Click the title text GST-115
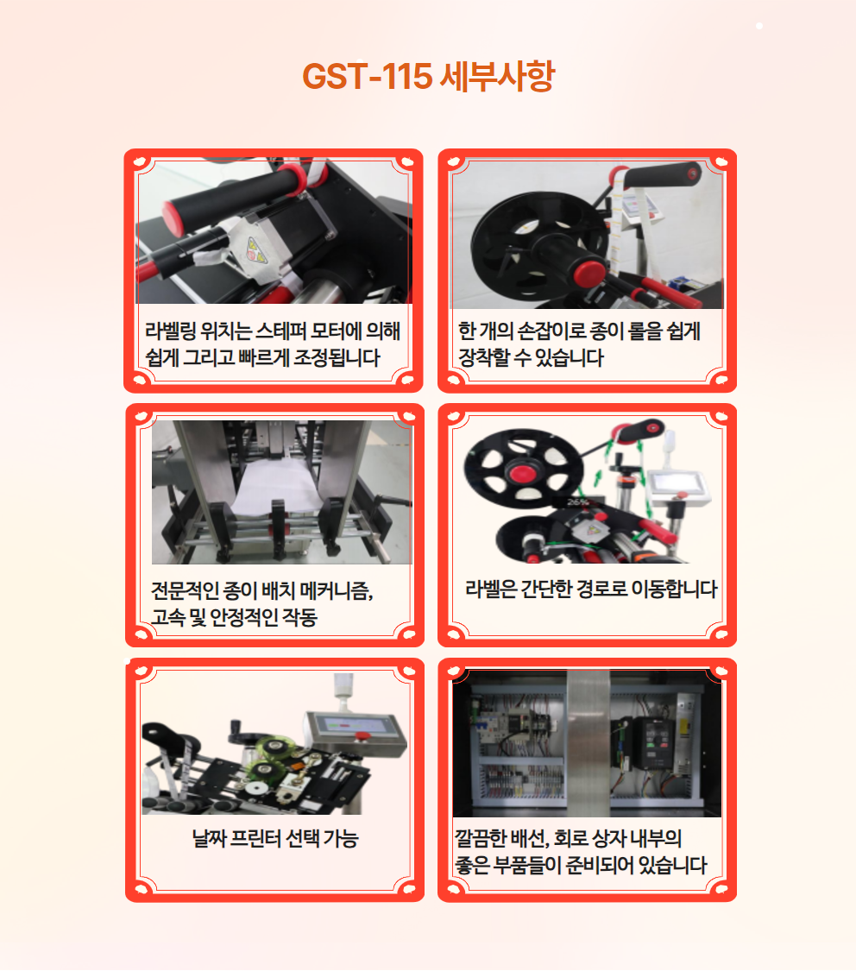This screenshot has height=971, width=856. pos(367,76)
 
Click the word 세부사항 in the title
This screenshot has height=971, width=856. pos(498,76)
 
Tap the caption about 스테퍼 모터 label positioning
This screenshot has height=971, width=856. pos(273,344)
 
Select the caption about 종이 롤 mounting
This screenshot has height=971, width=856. pos(579,344)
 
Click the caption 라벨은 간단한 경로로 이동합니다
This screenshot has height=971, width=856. pos(591,589)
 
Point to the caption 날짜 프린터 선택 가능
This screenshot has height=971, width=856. pos(275,838)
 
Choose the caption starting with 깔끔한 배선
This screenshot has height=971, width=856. pos(581,852)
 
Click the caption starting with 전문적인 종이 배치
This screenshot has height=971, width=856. pos(261,603)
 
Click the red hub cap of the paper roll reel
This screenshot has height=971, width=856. pos(588,273)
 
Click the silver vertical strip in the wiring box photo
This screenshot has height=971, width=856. pos(588,743)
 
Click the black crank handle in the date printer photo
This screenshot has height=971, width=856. pos(240,733)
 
